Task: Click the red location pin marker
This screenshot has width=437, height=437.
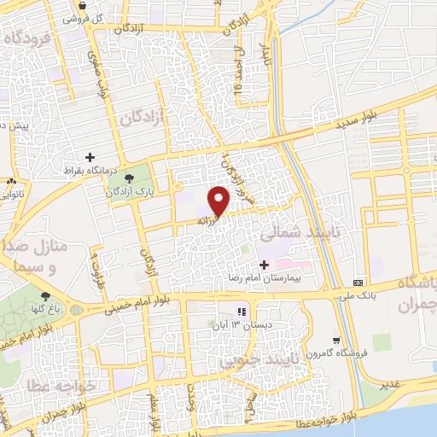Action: point(219,200)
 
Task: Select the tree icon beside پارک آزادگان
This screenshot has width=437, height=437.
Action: point(130,178)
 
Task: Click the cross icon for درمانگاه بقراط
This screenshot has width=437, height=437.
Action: point(89,157)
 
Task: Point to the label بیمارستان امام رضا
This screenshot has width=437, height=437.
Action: point(271,279)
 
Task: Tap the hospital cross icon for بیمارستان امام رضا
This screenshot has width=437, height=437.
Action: point(264,265)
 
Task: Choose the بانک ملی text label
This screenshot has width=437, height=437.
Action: point(358,296)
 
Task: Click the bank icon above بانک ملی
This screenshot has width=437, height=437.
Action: point(358,283)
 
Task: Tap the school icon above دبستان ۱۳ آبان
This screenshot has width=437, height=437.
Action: point(242,312)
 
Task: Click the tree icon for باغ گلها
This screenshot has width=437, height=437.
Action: point(45,297)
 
